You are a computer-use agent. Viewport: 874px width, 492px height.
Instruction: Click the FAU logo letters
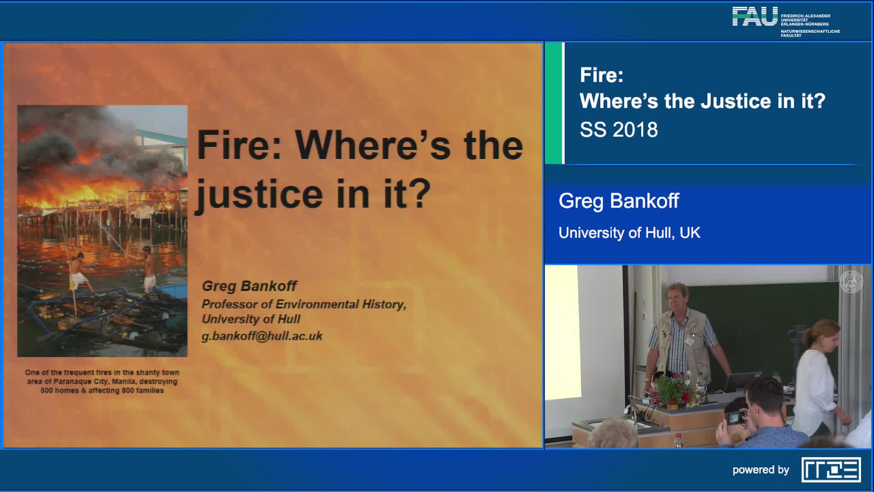point(755,16)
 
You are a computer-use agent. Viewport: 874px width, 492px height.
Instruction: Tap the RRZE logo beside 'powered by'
point(831,470)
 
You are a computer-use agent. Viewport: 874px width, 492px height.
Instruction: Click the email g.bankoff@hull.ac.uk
point(262,336)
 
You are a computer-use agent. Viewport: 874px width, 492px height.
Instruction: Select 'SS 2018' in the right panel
point(619,130)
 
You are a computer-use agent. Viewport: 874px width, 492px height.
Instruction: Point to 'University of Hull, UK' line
point(629,233)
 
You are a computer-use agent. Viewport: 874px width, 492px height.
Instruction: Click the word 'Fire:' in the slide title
point(239,145)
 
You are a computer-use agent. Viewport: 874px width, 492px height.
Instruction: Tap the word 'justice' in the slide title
point(259,194)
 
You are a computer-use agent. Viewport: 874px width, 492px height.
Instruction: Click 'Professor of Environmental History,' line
point(304,304)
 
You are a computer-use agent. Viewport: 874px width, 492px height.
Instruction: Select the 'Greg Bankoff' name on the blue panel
point(619,201)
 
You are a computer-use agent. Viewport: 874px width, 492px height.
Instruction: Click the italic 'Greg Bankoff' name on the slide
point(249,286)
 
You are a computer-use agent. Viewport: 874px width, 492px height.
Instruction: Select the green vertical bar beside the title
point(554,103)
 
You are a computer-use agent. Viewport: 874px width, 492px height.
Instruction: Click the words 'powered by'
point(761,470)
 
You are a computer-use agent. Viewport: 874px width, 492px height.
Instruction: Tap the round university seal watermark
point(851,282)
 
